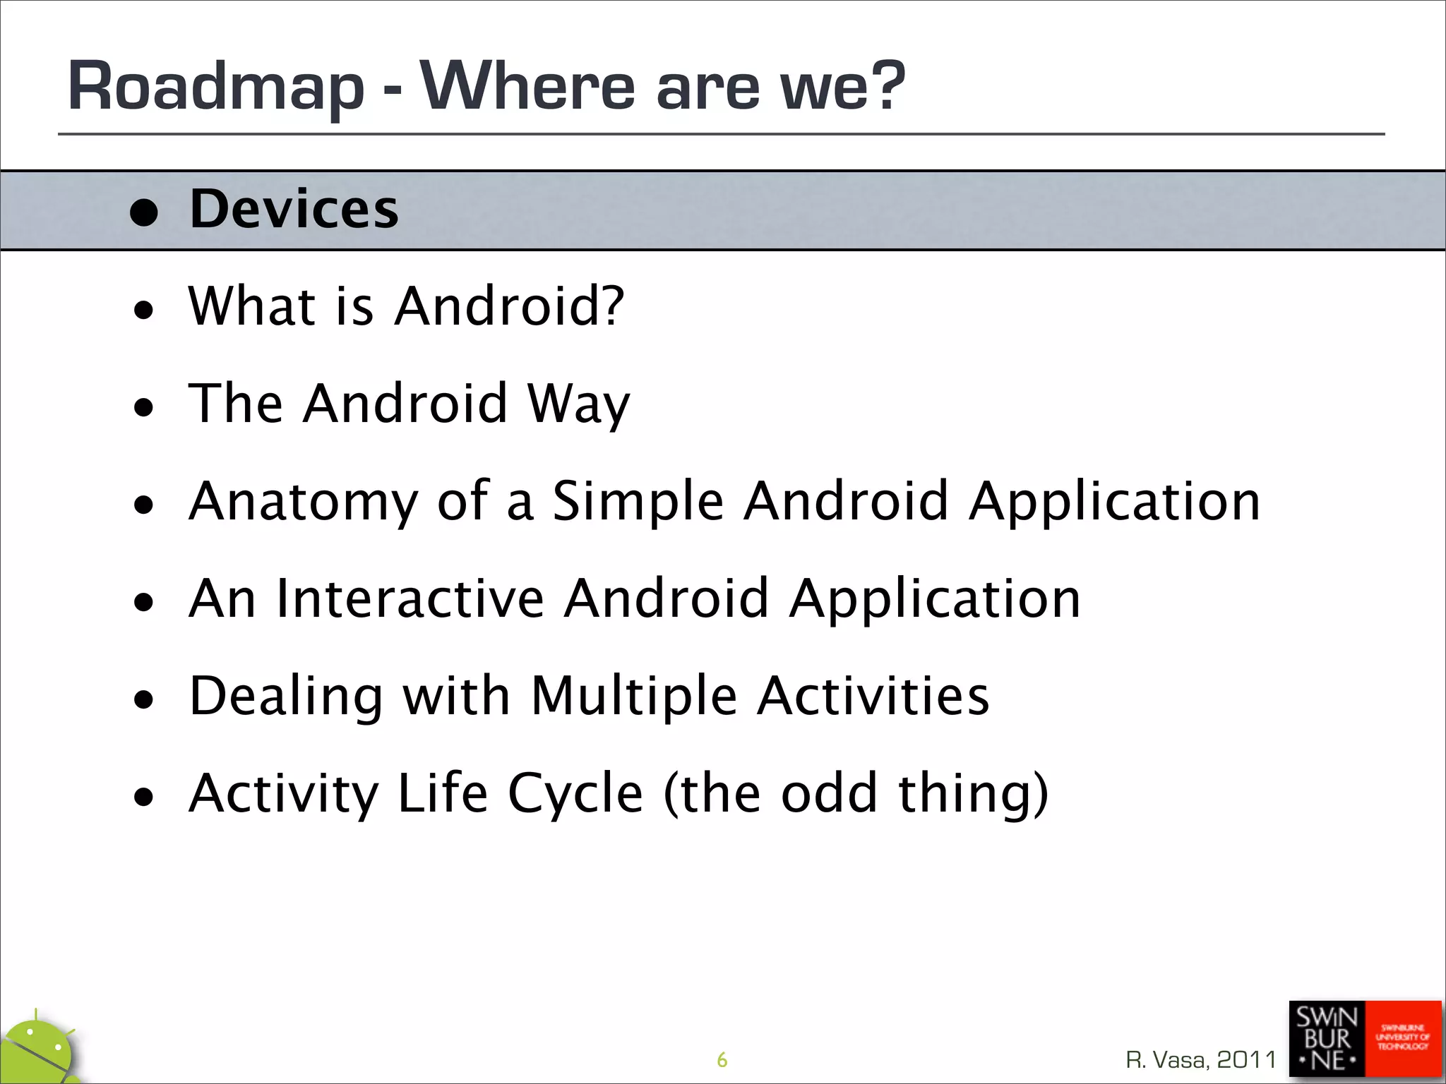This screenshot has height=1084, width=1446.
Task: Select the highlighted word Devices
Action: click(x=294, y=209)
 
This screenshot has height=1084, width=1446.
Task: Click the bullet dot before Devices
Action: click(x=144, y=213)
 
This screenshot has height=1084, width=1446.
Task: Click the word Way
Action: click(x=578, y=404)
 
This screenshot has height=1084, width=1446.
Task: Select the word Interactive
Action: click(x=410, y=598)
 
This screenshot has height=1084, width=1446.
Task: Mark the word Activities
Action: click(x=873, y=696)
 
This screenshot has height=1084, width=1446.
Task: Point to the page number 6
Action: click(x=722, y=1059)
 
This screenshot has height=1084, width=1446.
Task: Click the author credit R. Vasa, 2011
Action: click(x=1201, y=1059)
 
